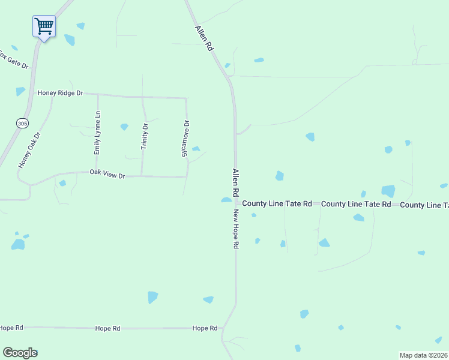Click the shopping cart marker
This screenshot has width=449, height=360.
tap(44, 26)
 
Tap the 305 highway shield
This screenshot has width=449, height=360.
tap(22, 123)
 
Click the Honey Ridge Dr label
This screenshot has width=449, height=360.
tap(60, 93)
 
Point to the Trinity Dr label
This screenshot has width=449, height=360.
tap(144, 136)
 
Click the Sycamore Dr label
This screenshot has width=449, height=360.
tap(185, 139)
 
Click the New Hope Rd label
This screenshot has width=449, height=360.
tap(237, 229)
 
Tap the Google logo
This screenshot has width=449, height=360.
tap(20, 353)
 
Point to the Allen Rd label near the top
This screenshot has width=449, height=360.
tap(204, 37)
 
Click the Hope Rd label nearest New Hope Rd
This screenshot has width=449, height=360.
tap(205, 328)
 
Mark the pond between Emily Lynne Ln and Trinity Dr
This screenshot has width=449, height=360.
tap(124, 127)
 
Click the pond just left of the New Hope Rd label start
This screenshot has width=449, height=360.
tap(226, 200)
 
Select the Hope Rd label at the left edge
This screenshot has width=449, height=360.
tap(11, 328)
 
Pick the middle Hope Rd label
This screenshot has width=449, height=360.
tap(107, 328)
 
